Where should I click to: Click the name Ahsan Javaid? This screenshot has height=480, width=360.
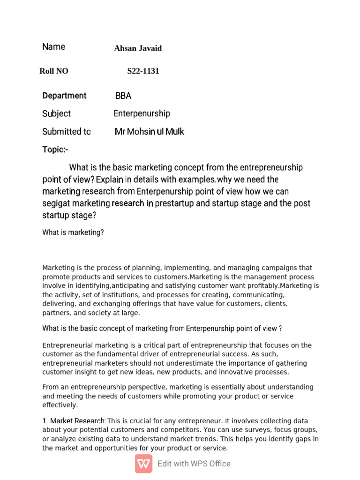pyautogui.click(x=138, y=48)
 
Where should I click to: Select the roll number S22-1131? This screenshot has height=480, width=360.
pyautogui.click(x=143, y=71)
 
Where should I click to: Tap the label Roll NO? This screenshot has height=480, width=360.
pyautogui.click(x=54, y=71)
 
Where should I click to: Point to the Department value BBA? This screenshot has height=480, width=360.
pyautogui.click(x=123, y=96)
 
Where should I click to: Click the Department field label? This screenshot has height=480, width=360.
pyautogui.click(x=64, y=96)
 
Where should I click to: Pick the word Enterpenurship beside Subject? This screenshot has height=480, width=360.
pyautogui.click(x=142, y=114)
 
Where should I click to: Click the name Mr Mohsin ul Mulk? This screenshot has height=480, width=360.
pyautogui.click(x=150, y=132)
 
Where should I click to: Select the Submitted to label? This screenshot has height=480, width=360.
pyautogui.click(x=66, y=132)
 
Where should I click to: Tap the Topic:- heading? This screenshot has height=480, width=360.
pyautogui.click(x=55, y=150)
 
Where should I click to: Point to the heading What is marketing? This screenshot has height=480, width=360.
pyautogui.click(x=73, y=232)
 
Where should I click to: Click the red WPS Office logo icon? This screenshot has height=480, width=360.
pyautogui.click(x=143, y=464)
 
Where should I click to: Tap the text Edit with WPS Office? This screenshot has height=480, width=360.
pyautogui.click(x=194, y=464)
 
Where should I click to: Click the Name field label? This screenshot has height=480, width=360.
pyautogui.click(x=53, y=47)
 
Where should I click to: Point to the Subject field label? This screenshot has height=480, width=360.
pyautogui.click(x=56, y=114)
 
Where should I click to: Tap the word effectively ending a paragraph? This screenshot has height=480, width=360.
pyautogui.click(x=60, y=405)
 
